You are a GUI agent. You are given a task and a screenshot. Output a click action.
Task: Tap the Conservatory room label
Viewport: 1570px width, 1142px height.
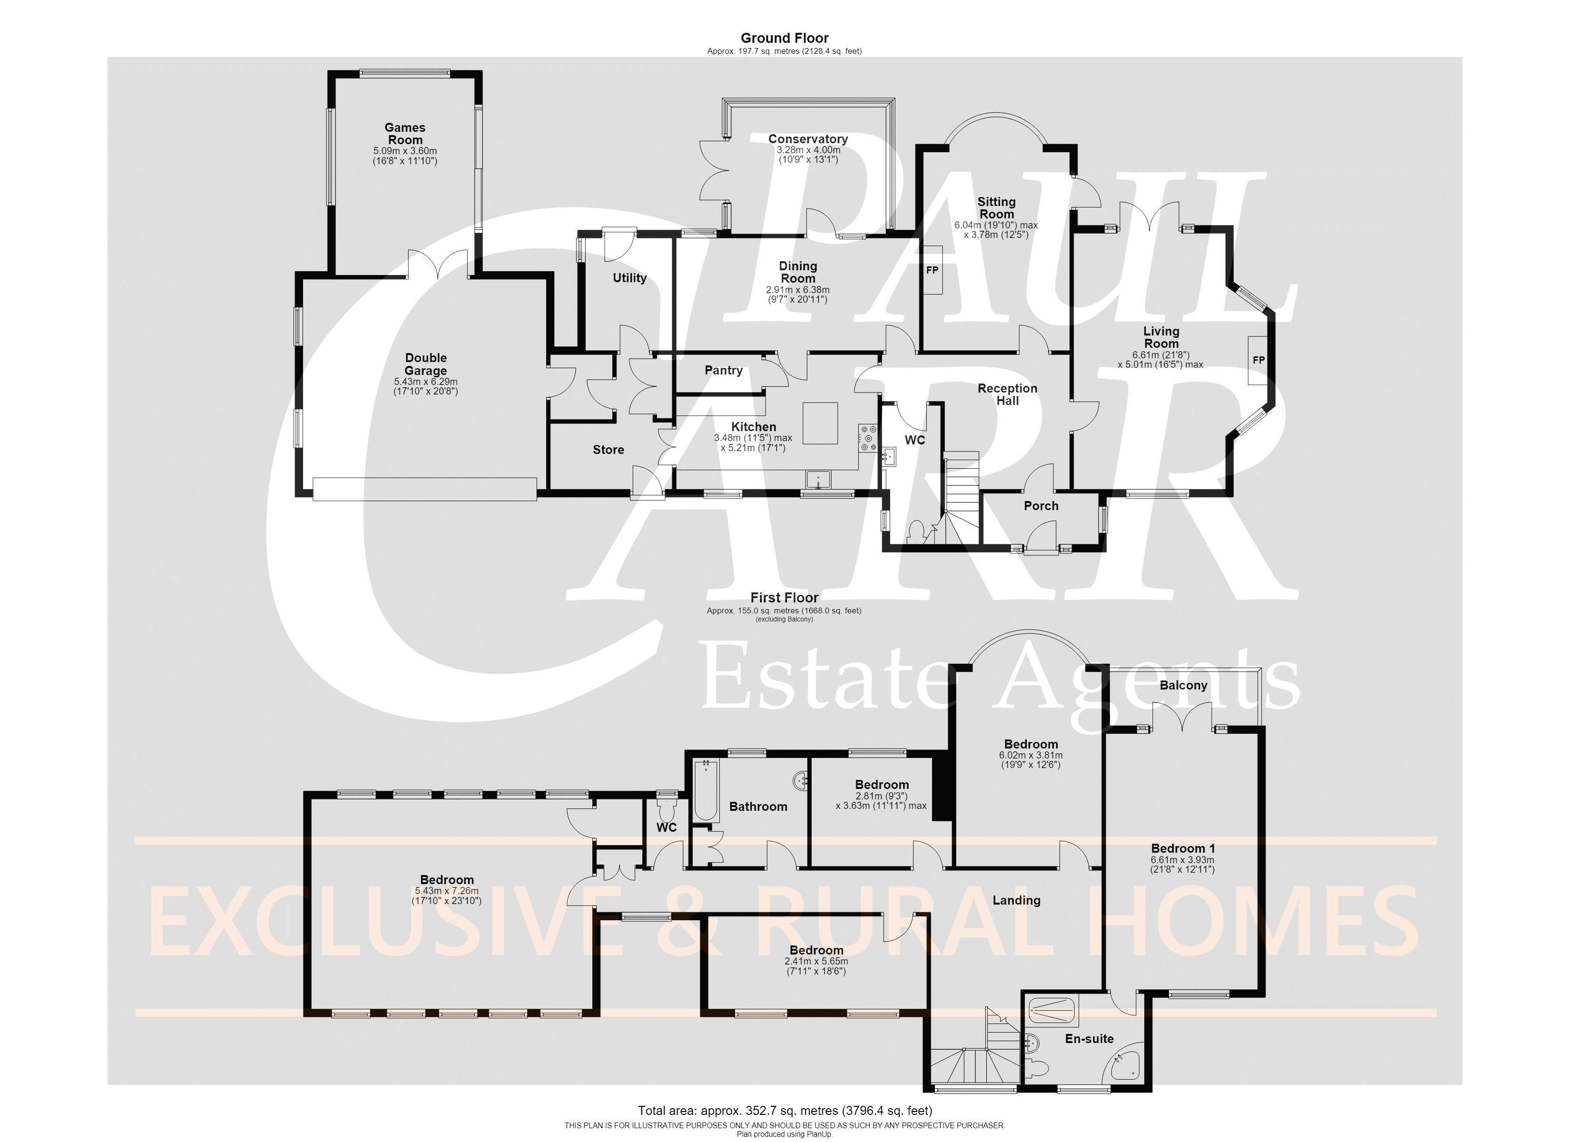click(x=808, y=139)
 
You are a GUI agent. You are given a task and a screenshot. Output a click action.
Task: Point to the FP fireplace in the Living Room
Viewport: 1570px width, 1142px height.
click(x=1258, y=360)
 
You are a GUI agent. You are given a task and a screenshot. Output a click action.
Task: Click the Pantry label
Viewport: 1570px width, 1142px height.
click(x=724, y=371)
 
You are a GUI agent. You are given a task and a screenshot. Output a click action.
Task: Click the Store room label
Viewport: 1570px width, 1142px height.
click(x=608, y=450)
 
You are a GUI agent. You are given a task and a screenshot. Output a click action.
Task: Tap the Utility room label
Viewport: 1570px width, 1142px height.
click(x=629, y=278)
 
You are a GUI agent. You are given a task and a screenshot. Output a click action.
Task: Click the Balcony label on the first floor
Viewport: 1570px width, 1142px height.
click(x=1183, y=686)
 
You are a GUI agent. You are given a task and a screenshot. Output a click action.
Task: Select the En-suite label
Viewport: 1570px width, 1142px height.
click(x=1089, y=1039)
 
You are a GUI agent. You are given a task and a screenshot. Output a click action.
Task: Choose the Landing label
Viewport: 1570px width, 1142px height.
click(x=1016, y=900)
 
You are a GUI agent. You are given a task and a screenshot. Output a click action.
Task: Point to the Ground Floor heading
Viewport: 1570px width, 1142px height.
click(x=785, y=38)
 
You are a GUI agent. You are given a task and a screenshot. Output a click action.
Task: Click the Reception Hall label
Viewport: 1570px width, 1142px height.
click(x=1007, y=395)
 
